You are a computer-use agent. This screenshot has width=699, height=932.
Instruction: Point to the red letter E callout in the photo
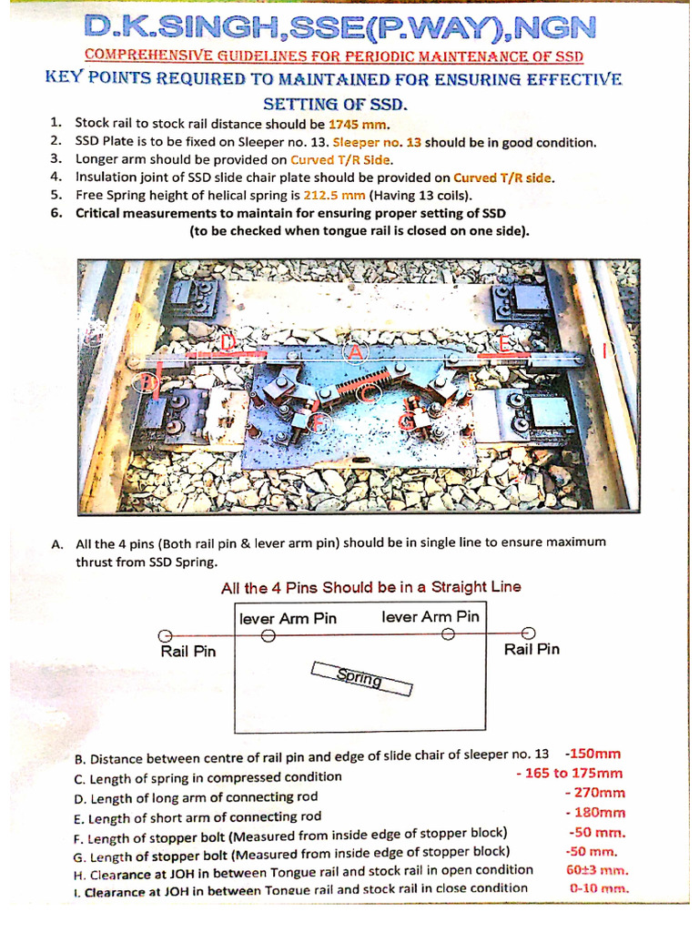(x=506, y=343)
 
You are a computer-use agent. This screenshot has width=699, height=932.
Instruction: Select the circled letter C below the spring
(x=367, y=394)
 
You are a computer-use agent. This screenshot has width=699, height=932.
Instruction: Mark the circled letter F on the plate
(x=318, y=420)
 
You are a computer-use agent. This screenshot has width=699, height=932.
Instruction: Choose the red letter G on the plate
(x=408, y=420)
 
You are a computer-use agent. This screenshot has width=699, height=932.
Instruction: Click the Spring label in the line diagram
(x=360, y=678)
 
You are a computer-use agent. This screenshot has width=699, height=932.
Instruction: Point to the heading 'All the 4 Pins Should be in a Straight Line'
(x=371, y=587)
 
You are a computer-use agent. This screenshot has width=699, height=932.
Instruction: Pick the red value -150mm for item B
(x=593, y=754)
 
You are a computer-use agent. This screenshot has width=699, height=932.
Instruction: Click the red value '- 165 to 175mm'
(x=569, y=774)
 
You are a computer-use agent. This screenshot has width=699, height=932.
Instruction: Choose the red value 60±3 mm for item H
(x=597, y=869)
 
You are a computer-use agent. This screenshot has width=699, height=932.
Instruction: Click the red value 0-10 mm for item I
(x=598, y=887)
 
